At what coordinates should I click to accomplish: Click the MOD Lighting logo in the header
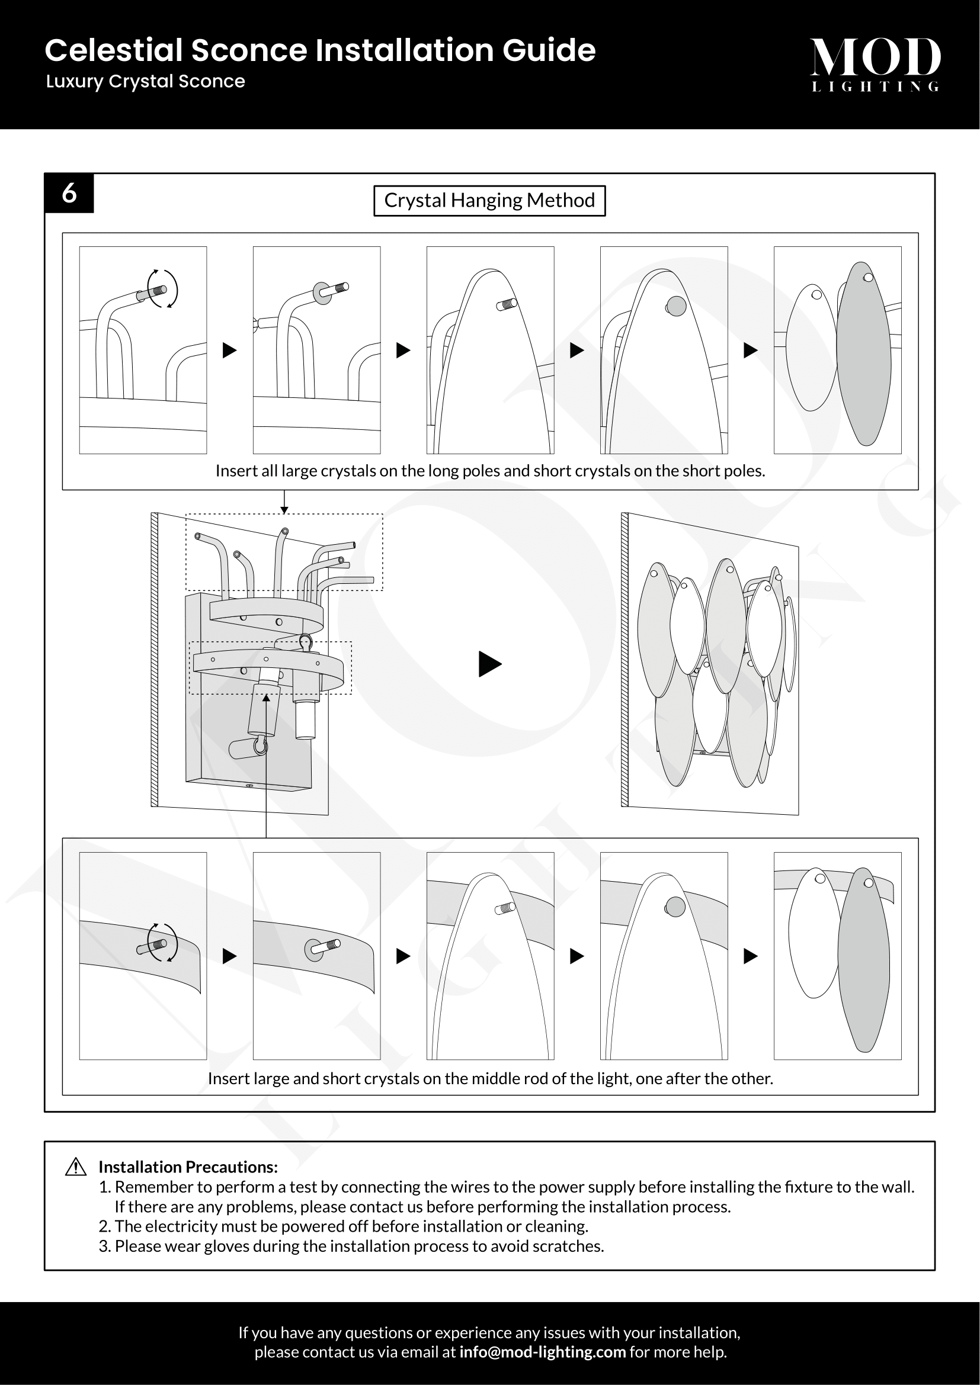click(x=875, y=63)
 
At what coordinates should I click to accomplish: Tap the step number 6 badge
click(x=69, y=193)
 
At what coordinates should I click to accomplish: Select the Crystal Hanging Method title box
click(x=489, y=200)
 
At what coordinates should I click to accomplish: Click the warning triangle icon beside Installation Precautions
click(x=76, y=1167)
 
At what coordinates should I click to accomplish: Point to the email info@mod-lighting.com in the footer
click(x=542, y=1352)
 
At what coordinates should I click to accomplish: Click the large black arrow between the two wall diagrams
click(x=489, y=664)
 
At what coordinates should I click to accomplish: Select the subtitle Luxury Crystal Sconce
click(x=145, y=82)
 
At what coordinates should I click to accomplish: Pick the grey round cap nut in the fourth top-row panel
click(x=676, y=306)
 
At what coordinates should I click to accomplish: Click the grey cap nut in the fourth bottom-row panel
click(x=675, y=907)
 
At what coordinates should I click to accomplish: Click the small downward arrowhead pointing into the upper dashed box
click(x=284, y=510)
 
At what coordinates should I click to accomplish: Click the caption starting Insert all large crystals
click(x=489, y=471)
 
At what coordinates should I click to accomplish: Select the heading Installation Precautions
click(x=188, y=1167)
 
